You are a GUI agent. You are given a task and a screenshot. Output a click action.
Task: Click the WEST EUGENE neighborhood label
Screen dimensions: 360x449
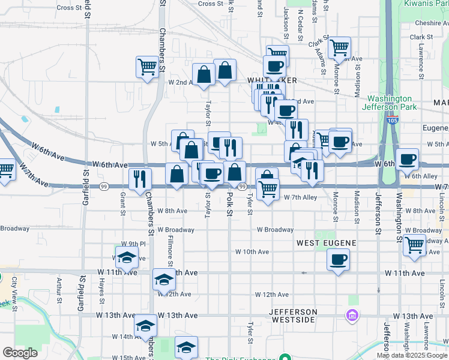click(327, 242)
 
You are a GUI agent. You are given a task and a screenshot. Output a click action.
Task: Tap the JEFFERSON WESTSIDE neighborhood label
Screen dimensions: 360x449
click(292, 316)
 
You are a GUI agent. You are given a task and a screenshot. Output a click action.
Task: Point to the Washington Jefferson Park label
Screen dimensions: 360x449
click(390, 103)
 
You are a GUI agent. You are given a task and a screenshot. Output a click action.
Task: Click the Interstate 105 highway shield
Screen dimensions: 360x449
click(394, 120)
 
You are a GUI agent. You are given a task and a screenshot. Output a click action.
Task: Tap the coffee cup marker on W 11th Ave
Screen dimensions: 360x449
click(338, 260)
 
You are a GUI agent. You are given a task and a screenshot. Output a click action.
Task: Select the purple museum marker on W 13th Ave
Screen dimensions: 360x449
click(352, 315)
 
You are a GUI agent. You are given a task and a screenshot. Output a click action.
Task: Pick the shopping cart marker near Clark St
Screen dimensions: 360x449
click(340, 47)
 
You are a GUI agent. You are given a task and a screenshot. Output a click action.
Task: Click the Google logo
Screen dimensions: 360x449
click(20, 353)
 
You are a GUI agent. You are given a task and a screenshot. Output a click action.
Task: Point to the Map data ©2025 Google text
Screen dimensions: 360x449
click(411, 355)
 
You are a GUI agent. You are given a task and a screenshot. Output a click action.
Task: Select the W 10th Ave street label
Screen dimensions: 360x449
click(252, 252)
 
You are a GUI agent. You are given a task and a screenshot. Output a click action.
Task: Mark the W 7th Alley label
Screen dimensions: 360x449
click(300, 197)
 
